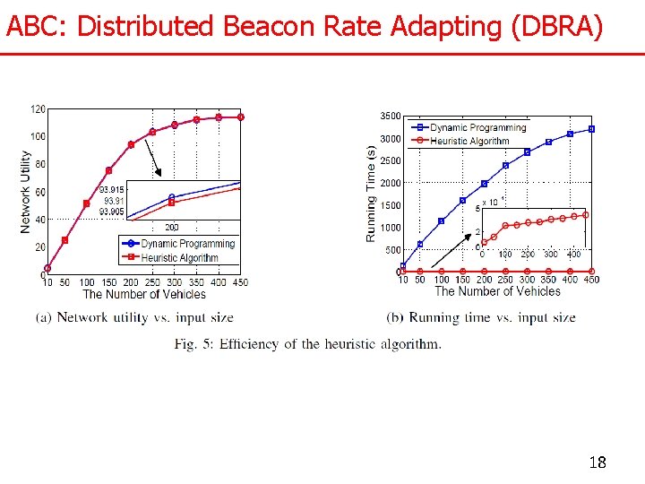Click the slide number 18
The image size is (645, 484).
pyautogui.click(x=598, y=462)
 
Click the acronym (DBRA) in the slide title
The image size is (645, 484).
pyautogui.click(x=555, y=27)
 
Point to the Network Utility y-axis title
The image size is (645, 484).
pyautogui.click(x=25, y=192)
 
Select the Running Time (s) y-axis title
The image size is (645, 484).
pyautogui.click(x=371, y=194)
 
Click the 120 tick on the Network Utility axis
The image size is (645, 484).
pyautogui.click(x=38, y=109)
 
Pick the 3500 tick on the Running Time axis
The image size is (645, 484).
pyautogui.click(x=390, y=117)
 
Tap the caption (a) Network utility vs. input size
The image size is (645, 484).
pyautogui.click(x=134, y=317)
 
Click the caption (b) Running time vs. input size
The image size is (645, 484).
pyautogui.click(x=481, y=317)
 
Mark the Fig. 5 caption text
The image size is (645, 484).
pyautogui.click(x=307, y=344)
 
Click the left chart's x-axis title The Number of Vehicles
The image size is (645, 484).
pyautogui.click(x=144, y=294)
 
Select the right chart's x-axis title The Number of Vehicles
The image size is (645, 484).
pyautogui.click(x=497, y=291)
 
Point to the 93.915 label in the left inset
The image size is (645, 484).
pyautogui.click(x=112, y=190)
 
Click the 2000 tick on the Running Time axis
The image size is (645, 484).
pyautogui.click(x=390, y=183)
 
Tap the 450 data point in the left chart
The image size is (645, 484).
pyautogui.click(x=241, y=117)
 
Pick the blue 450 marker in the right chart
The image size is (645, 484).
pyautogui.click(x=591, y=129)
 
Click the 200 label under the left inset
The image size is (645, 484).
pyautogui.click(x=171, y=228)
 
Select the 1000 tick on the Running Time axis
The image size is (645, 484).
pyautogui.click(x=390, y=228)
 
